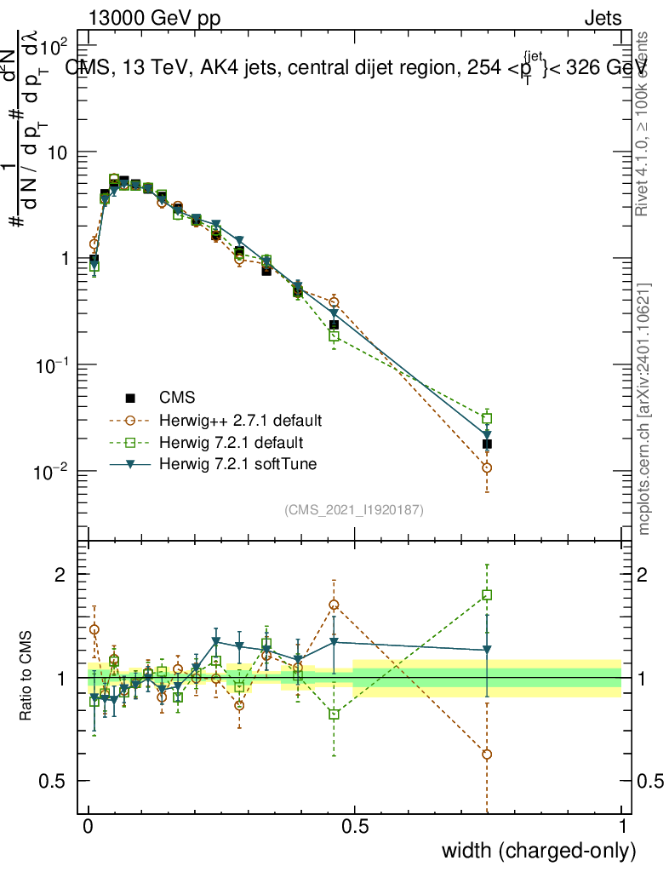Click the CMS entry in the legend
point(177,397)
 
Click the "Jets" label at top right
point(603,18)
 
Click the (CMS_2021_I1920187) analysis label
point(354,510)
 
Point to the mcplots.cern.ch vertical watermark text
point(644,410)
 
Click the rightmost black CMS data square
point(487,444)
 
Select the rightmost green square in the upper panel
point(487,418)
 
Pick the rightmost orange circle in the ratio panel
point(487,754)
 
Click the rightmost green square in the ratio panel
point(487,595)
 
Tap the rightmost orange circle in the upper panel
point(487,468)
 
